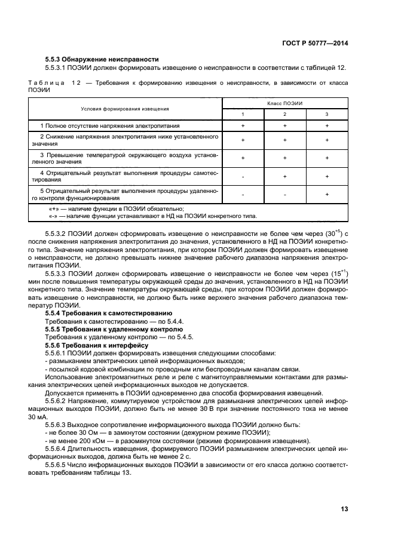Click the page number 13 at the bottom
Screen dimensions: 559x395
coord(344,509)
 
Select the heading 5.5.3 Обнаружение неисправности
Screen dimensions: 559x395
coord(102,59)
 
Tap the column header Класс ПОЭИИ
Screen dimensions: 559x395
coord(284,103)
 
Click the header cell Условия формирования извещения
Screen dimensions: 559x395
coord(125,109)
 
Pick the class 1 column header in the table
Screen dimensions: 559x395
coord(243,114)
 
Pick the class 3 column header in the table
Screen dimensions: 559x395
coord(327,114)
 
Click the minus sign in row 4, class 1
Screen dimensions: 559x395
coord(243,177)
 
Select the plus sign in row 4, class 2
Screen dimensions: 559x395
coord(284,177)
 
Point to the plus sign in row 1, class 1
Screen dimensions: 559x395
coord(243,126)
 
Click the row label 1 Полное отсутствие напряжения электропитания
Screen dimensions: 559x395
coord(110,126)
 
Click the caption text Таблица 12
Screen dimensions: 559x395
coord(54,83)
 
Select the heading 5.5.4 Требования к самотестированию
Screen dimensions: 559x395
coord(109,312)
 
